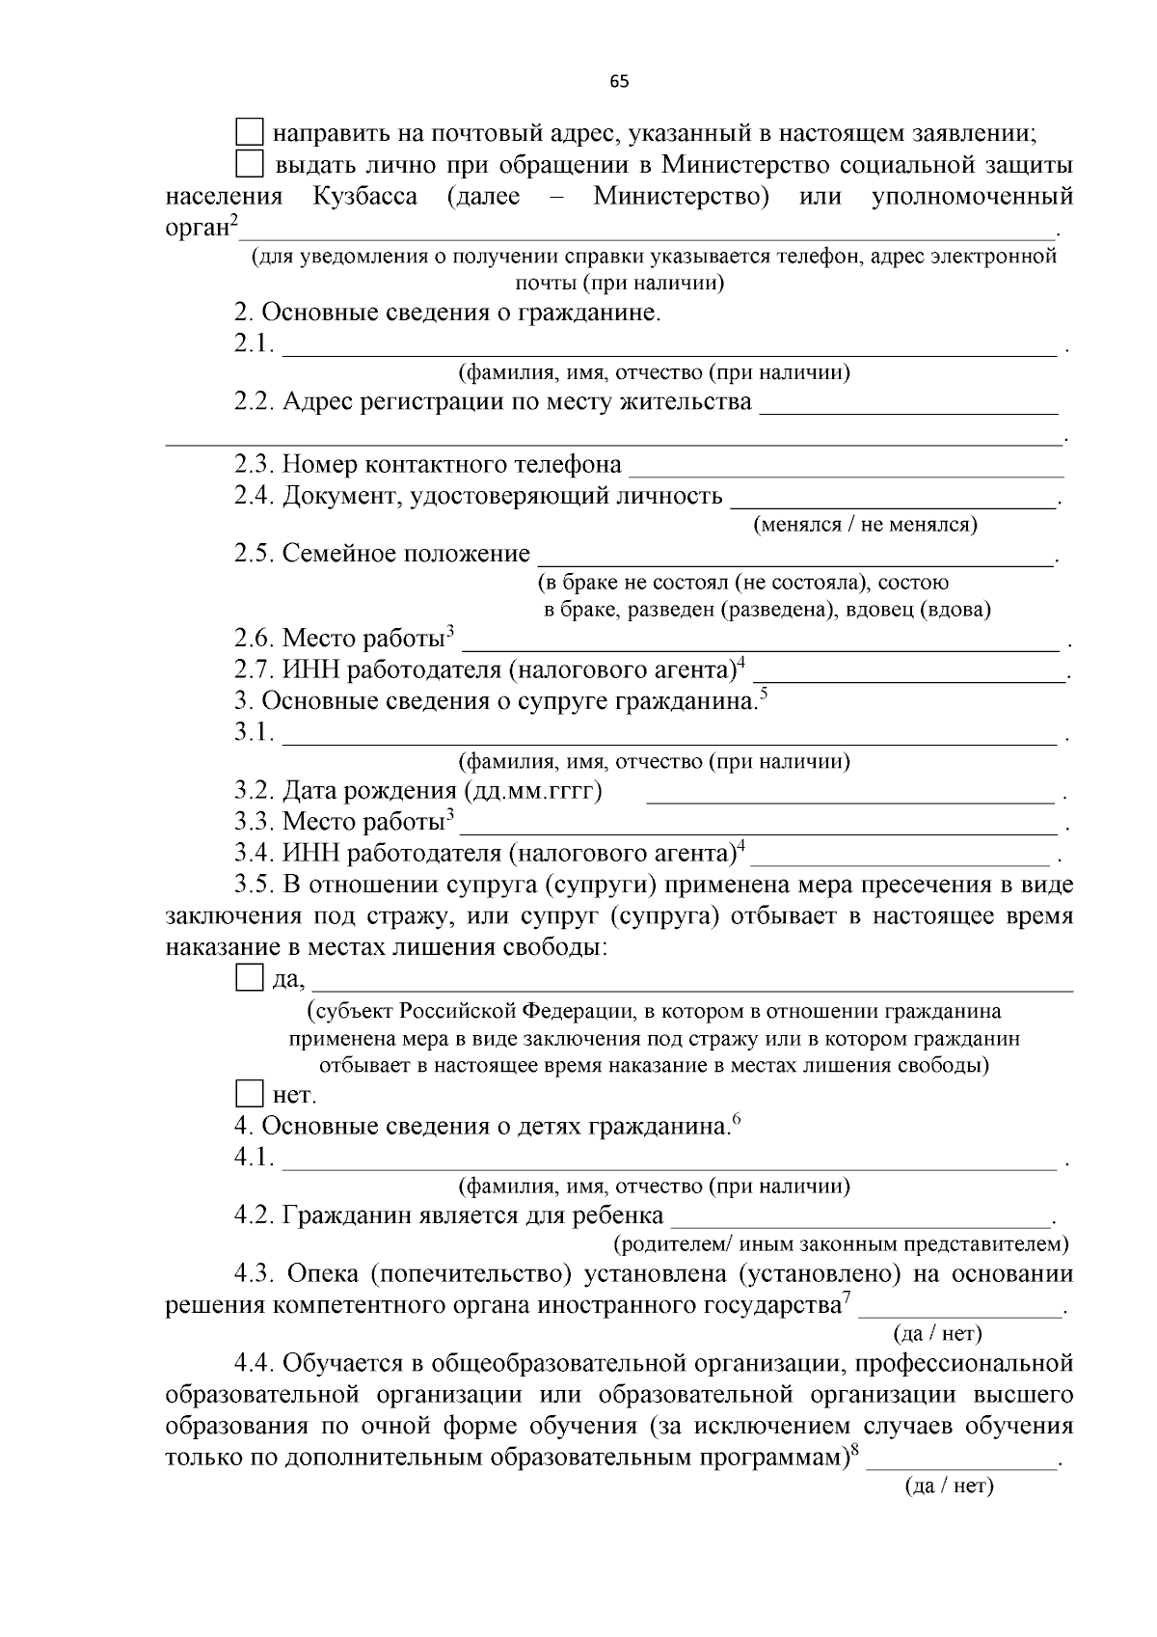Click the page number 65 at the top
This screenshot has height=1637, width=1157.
(x=619, y=82)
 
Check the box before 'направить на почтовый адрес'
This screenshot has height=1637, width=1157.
(x=250, y=132)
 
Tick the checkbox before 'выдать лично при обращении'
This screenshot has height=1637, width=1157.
(x=250, y=164)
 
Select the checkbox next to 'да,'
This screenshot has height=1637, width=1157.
(x=249, y=979)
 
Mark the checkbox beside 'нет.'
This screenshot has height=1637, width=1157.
(x=249, y=1094)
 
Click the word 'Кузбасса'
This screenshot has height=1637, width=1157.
(x=364, y=197)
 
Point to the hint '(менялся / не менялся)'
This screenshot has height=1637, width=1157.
(x=864, y=525)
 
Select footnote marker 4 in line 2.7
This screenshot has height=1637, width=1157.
(x=740, y=662)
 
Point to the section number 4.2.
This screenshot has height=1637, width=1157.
(x=255, y=1215)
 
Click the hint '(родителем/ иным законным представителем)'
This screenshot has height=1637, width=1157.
(x=841, y=1243)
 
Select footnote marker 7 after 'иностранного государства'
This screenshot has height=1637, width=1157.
(x=847, y=1297)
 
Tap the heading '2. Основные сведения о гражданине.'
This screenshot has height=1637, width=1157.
(x=447, y=313)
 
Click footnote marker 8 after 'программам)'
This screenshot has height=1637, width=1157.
(x=854, y=1449)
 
